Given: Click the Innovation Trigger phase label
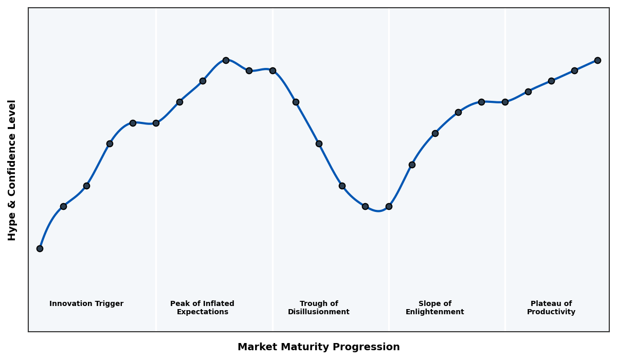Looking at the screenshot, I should point(86,304).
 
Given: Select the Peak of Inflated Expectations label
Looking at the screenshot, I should point(202,308).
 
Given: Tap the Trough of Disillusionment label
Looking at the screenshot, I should point(318,308).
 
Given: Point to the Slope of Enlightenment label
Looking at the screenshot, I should point(434,308).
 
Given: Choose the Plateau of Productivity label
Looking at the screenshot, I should point(551,308).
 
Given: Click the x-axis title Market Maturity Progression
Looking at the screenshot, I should point(318,347).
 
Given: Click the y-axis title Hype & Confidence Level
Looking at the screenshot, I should point(12,170).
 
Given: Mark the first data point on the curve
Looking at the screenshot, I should point(40,248).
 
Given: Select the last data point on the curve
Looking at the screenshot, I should point(597,60).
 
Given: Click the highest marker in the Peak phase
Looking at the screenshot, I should point(226,60).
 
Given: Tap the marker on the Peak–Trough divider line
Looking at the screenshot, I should point(273,70).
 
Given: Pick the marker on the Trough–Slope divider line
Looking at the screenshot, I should point(389,206).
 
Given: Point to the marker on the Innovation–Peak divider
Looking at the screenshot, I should point(156,123).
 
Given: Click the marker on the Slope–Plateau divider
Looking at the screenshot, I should point(505,102).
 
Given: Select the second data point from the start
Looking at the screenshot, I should point(63,206).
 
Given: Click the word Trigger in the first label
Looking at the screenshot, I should point(108,304).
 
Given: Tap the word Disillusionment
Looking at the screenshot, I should point(318,312).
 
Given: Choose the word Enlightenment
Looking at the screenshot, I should point(434,312).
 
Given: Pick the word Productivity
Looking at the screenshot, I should point(551,312).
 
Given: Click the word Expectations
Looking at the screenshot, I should point(202,312).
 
